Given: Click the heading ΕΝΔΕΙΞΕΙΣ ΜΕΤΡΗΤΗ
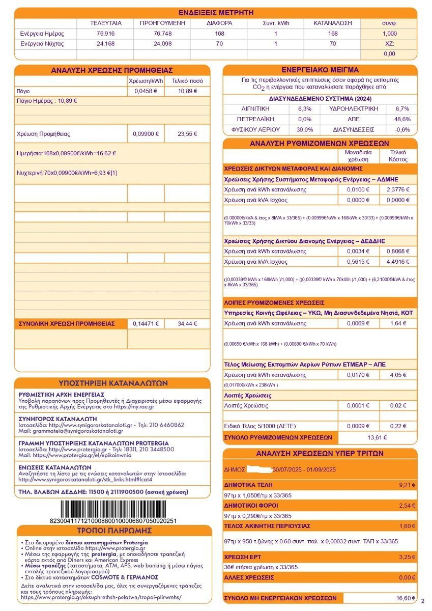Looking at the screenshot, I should tap(216, 13).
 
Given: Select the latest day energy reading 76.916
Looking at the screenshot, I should tap(105, 33).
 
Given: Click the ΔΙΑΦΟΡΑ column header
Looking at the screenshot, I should tap(219, 23).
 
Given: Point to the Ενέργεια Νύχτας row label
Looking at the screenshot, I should tap(42, 43).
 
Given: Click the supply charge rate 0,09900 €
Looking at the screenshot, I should tap(146, 134).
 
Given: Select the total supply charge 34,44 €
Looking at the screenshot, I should tap(187, 323).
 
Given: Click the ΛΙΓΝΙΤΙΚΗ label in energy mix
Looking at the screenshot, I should tap(255, 109).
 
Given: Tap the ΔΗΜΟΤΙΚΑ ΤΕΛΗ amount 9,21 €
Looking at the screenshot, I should tap(407, 484).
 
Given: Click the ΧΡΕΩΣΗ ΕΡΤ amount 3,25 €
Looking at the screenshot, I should tap(407, 557).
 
